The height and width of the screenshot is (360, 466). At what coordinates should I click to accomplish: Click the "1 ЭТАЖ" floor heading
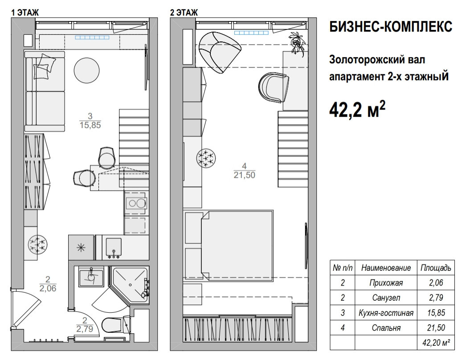click(25, 12)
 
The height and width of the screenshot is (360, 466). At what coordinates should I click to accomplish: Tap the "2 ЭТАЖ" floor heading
click(184, 12)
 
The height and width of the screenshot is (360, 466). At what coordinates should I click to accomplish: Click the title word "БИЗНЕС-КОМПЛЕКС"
click(391, 26)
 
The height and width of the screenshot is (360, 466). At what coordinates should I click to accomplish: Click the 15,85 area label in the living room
click(90, 125)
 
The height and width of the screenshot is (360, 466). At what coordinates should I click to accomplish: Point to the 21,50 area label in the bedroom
click(244, 175)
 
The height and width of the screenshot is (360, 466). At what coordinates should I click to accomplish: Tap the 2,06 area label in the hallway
click(48, 288)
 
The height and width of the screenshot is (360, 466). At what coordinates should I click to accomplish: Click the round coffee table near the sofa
click(86, 70)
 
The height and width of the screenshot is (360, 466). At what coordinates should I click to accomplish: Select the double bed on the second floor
click(237, 245)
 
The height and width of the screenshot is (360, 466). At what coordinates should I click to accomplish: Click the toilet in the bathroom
click(112, 326)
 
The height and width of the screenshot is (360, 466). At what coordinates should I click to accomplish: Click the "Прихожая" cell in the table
click(386, 282)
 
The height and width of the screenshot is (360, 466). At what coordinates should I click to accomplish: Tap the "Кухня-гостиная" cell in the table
click(386, 313)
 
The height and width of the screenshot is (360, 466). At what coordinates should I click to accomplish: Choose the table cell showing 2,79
click(436, 298)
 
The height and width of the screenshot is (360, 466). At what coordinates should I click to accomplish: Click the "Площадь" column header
click(436, 268)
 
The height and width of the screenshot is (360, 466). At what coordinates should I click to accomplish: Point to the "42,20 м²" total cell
click(436, 343)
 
